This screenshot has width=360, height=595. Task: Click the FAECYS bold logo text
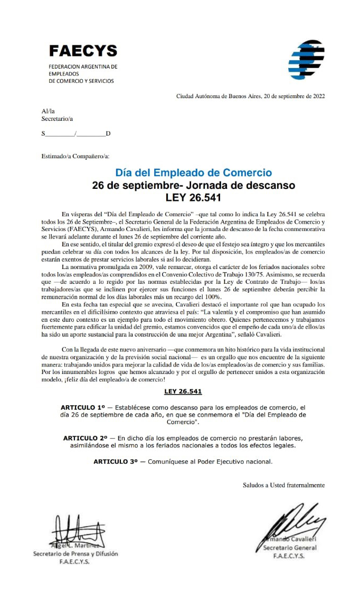pyautogui.click(x=83, y=51)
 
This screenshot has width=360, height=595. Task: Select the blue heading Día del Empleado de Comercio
pyautogui.click(x=194, y=172)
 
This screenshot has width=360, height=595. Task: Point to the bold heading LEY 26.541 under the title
pyautogui.click(x=194, y=198)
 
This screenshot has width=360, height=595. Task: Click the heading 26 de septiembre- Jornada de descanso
pyautogui.click(x=194, y=185)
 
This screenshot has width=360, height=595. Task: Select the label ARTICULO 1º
pyautogui.click(x=84, y=408)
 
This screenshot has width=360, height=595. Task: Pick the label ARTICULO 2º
pyautogui.click(x=86, y=438)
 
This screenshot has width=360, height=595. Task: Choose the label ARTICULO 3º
pyautogui.click(x=116, y=461)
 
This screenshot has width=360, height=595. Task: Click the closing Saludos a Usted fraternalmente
pyautogui.click(x=283, y=485)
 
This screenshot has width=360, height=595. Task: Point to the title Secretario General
pyautogui.click(x=290, y=548)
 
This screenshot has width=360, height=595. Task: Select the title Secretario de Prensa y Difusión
pyautogui.click(x=75, y=554)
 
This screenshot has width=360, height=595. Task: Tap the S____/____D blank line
pyautogui.click(x=76, y=133)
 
